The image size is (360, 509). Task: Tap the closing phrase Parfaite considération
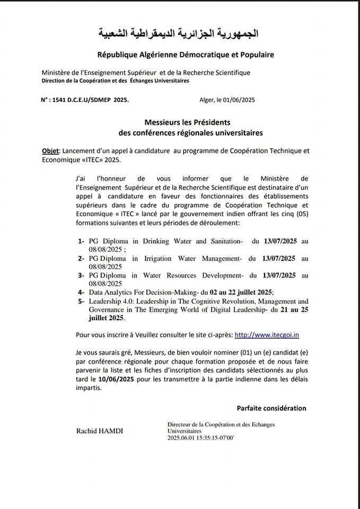(x=271, y=408)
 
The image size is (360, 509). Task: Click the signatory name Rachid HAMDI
(x=100, y=432)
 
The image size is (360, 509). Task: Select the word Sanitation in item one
(x=224, y=241)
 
